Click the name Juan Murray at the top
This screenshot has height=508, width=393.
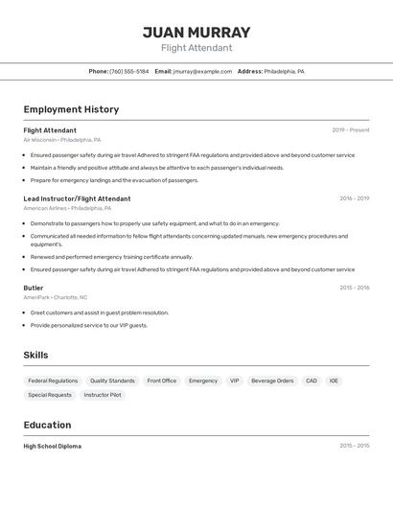pyautogui.click(x=196, y=32)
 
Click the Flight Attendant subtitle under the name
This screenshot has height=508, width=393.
pyautogui.click(x=196, y=48)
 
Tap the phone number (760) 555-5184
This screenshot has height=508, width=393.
pyautogui.click(x=128, y=71)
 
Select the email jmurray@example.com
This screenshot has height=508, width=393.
pyautogui.click(x=203, y=71)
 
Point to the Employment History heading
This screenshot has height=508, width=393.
pyautogui.click(x=71, y=109)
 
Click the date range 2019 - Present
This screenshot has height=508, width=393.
pyautogui.click(x=350, y=130)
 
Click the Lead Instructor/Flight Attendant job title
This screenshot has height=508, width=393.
pyautogui.click(x=77, y=198)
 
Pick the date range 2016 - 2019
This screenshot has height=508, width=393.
pyautogui.click(x=354, y=198)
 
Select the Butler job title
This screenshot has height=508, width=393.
pyautogui.click(x=34, y=288)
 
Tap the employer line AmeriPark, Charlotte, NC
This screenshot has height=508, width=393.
pyautogui.click(x=56, y=297)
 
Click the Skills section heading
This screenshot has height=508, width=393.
pyautogui.click(x=36, y=355)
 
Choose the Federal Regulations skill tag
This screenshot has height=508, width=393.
pyautogui.click(x=53, y=381)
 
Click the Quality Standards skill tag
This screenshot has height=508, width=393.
pyautogui.click(x=112, y=381)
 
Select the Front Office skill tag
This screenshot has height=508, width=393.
pyautogui.click(x=162, y=381)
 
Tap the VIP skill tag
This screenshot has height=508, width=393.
pyautogui.click(x=234, y=381)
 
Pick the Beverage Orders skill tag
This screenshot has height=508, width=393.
pyautogui.click(x=272, y=381)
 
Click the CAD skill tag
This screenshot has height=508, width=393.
pyautogui.click(x=312, y=381)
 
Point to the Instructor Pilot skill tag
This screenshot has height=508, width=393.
pyautogui.click(x=103, y=395)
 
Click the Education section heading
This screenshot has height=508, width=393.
pyautogui.click(x=47, y=425)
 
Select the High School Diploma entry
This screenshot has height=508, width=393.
pyautogui.click(x=53, y=446)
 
